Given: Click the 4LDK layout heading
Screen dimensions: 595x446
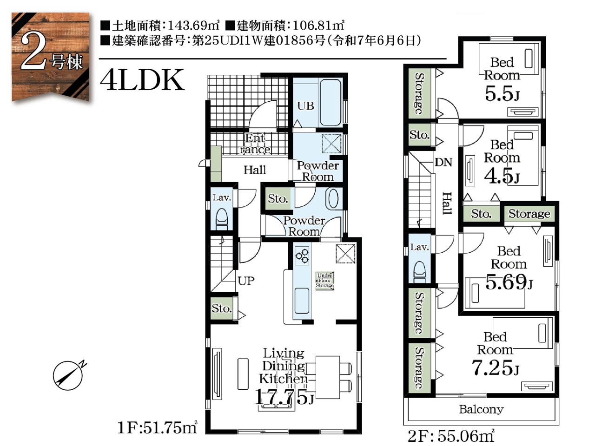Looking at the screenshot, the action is pyautogui.click(x=142, y=80).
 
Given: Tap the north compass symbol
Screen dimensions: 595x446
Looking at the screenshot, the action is pyautogui.click(x=68, y=375).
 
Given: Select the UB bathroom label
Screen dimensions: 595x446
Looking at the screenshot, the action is pyautogui.click(x=305, y=106).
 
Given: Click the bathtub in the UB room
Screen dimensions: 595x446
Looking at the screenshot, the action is pyautogui.click(x=331, y=102).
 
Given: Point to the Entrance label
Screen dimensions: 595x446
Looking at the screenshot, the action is pyautogui.click(x=255, y=144).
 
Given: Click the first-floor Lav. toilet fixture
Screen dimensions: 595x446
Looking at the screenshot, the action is pyautogui.click(x=222, y=219).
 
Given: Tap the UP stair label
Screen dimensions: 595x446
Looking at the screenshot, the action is pyautogui.click(x=246, y=281).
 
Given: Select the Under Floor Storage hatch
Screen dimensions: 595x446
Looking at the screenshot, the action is pyautogui.click(x=325, y=281).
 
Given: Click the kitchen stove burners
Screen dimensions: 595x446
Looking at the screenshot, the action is pyautogui.click(x=302, y=256).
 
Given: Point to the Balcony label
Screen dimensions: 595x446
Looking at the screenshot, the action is pyautogui.click(x=481, y=410).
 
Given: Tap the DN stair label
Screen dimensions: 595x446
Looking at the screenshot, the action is pyautogui.click(x=443, y=162).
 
